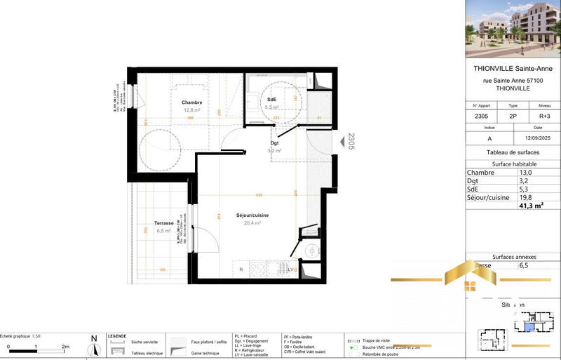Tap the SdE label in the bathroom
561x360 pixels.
click(x=271, y=100)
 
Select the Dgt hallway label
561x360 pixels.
click(x=273, y=143)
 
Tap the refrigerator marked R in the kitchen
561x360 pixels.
click(x=241, y=269)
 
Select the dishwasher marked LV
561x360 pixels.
click(x=290, y=269)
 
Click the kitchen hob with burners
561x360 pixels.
click(x=257, y=268)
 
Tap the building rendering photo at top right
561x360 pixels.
click(x=512, y=28)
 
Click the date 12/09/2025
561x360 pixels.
click(x=538, y=139)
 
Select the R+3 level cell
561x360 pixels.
click(x=538, y=116)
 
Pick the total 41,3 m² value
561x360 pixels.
click(x=532, y=206)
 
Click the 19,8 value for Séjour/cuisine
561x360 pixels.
click(x=525, y=197)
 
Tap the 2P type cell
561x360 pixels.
click(x=513, y=116)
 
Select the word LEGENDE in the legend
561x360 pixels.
click(x=117, y=336)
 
